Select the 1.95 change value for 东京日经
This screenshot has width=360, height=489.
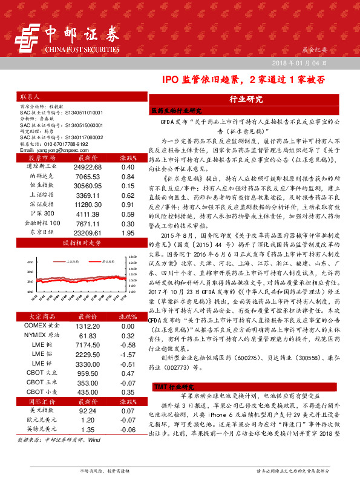pos(128,249)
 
